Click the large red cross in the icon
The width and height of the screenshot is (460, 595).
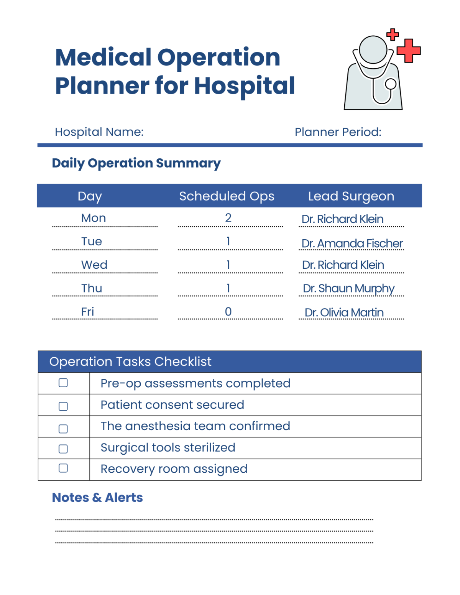click(409, 50)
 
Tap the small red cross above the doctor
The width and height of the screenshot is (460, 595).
click(393, 35)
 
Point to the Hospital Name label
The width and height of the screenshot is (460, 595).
click(99, 132)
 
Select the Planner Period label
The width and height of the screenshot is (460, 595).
click(338, 132)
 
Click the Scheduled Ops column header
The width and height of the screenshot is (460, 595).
click(227, 196)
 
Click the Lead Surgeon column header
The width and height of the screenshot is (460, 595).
click(351, 196)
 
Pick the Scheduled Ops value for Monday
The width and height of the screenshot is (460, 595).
click(228, 218)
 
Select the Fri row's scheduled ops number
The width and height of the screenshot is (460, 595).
click(228, 312)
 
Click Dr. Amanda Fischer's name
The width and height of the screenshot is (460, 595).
click(352, 243)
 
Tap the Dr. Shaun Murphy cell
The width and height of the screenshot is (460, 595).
click(348, 288)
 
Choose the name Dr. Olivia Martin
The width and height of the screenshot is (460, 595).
click(344, 312)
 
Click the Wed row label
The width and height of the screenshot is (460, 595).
click(94, 265)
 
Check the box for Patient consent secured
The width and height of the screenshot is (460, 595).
click(63, 406)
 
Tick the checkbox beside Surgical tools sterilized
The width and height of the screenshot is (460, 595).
click(63, 449)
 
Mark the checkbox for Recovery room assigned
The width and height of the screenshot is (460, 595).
click(63, 468)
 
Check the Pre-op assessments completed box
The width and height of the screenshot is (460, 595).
click(63, 383)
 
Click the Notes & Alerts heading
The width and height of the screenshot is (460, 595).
click(97, 498)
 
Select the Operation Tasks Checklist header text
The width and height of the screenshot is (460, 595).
click(130, 362)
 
